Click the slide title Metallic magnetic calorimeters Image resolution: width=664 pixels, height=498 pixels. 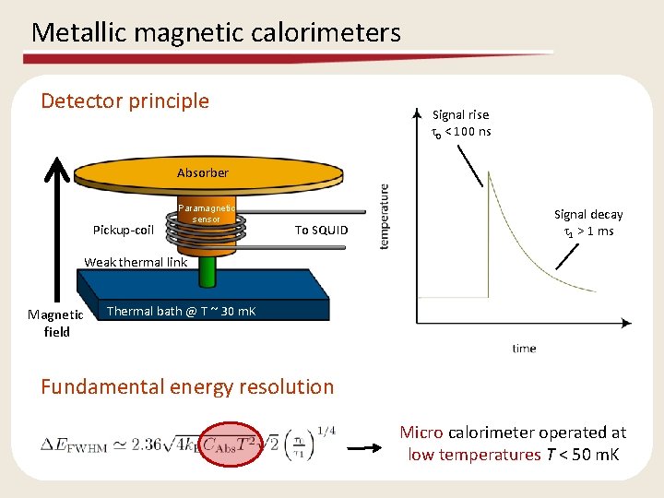click(216, 33)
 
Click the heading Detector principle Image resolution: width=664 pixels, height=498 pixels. click(125, 101)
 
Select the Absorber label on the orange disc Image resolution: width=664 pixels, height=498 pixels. click(203, 172)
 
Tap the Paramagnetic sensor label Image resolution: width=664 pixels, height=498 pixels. click(208, 214)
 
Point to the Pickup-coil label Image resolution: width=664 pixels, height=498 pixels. click(124, 230)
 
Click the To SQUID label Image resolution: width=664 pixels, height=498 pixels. click(321, 230)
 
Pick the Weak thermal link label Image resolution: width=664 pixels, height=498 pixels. click(136, 262)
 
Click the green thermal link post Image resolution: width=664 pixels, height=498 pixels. click(207, 273)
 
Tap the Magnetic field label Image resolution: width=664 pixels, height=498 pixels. click(56, 323)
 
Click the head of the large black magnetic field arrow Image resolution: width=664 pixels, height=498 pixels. click(57, 171)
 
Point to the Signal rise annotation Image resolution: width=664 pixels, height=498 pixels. click(461, 123)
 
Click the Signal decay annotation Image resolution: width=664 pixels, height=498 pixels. click(588, 222)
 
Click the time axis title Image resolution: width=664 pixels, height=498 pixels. click(524, 349)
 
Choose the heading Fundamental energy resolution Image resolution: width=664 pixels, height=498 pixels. click(187, 386)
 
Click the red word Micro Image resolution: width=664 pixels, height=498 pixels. click(421, 433)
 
